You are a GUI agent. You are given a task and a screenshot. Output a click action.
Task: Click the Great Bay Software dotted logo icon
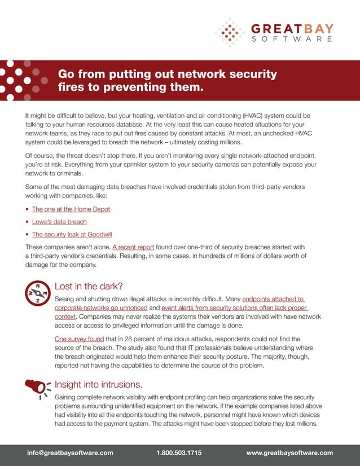coord(229,32)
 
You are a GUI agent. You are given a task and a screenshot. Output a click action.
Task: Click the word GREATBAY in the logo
coord(291,28)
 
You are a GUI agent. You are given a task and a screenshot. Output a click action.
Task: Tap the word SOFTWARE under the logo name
coord(291,39)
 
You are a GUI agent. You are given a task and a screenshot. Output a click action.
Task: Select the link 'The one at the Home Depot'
coord(71,209)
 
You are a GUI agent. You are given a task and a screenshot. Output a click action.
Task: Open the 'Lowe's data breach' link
coord(59,222)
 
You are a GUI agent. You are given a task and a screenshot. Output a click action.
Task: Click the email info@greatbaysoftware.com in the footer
coord(71,452)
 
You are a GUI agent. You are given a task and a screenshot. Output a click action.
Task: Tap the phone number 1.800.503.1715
coord(179,452)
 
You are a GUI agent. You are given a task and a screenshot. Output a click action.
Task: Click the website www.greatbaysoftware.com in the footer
coord(290,452)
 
